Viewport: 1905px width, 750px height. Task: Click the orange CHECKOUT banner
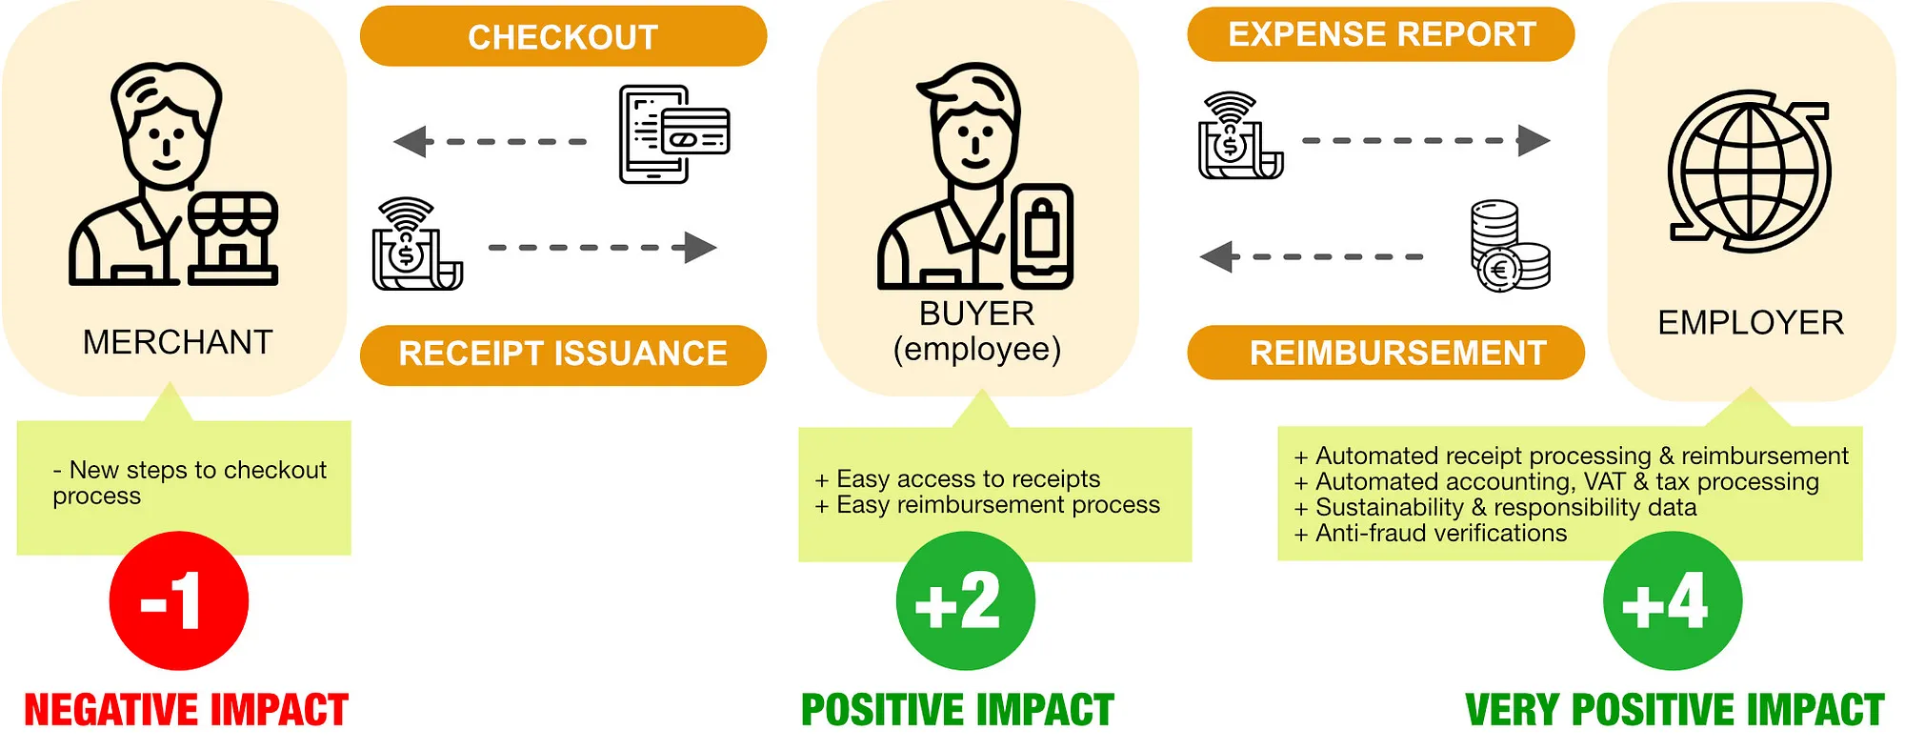pos(563,36)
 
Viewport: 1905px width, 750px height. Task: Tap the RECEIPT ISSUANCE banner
pos(563,354)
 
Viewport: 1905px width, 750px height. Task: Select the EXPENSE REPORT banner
pos(1381,34)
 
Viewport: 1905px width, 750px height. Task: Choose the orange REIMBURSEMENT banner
pos(1387,353)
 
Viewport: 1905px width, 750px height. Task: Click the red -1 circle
pos(178,600)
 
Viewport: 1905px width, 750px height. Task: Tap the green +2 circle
pos(964,600)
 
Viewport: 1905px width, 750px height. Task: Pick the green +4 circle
pos(1672,600)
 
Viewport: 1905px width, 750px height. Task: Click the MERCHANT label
pos(178,342)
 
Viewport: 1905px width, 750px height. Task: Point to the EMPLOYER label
pos(1751,323)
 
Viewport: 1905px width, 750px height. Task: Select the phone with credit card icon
pos(672,133)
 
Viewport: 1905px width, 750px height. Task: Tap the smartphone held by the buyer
pos(1042,236)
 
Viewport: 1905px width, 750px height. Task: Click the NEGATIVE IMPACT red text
pos(186,710)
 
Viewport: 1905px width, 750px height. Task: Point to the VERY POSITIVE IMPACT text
pos(1674,710)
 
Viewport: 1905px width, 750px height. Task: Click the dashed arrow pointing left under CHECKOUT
pos(491,142)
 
